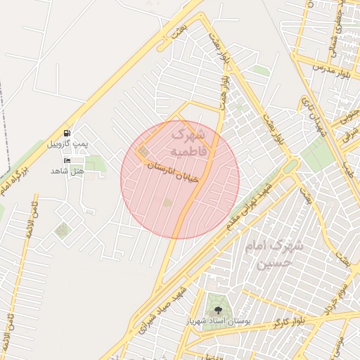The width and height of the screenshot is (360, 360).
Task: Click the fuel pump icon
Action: pyautogui.click(x=67, y=132)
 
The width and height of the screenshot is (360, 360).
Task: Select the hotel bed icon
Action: pyautogui.click(x=67, y=161)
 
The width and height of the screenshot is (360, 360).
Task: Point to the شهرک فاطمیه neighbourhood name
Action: pyautogui.click(x=188, y=141)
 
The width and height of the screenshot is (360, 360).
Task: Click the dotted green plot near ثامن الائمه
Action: pyautogui.click(x=63, y=230)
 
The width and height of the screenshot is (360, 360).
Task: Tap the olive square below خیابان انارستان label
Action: pyautogui.click(x=167, y=202)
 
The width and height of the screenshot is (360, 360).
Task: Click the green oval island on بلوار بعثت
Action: pyautogui.click(x=291, y=166)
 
